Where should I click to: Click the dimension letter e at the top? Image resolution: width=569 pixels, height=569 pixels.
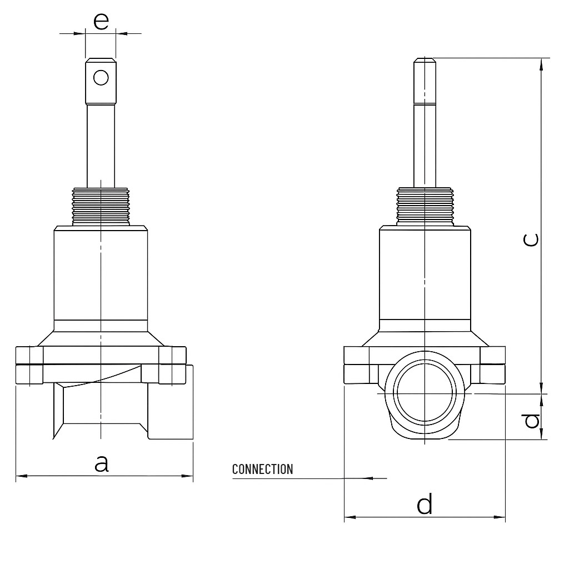101,21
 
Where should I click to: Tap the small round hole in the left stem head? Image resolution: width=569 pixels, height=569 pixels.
101,77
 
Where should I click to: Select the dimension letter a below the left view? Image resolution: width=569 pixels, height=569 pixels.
101,463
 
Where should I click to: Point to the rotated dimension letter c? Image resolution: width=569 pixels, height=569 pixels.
531,239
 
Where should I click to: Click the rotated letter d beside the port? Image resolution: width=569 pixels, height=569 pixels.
532,421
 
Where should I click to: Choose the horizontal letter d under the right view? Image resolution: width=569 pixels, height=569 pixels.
425,505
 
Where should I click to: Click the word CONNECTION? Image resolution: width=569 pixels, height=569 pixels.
262,470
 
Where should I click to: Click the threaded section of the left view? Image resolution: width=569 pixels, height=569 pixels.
101,206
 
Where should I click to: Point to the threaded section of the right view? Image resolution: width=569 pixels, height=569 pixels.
425,206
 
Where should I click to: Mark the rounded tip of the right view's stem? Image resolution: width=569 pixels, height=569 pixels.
425,61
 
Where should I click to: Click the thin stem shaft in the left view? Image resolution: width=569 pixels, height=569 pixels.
101,144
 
